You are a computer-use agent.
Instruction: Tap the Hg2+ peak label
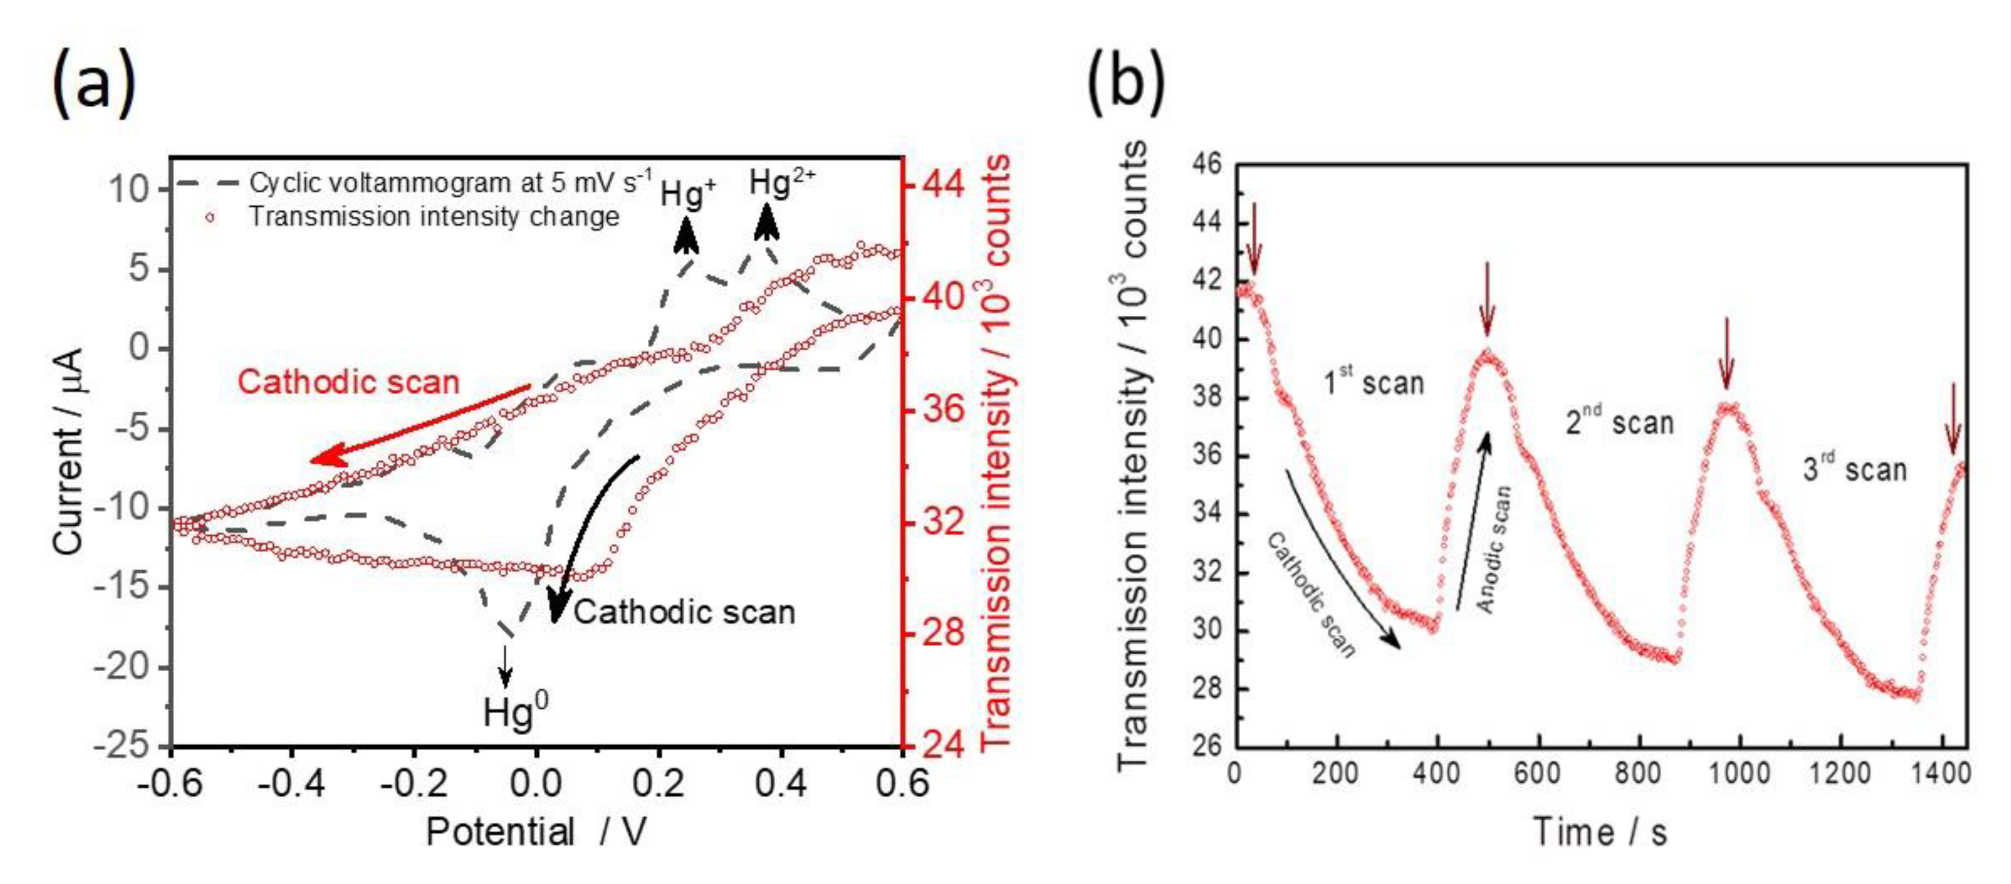[781, 184]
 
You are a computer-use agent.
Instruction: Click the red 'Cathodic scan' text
[348, 382]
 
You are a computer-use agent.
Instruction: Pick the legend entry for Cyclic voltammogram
[449, 183]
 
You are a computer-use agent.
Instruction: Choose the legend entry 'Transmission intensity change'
[433, 216]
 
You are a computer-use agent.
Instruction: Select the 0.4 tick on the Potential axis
[781, 783]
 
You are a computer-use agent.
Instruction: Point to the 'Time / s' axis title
[1601, 832]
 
